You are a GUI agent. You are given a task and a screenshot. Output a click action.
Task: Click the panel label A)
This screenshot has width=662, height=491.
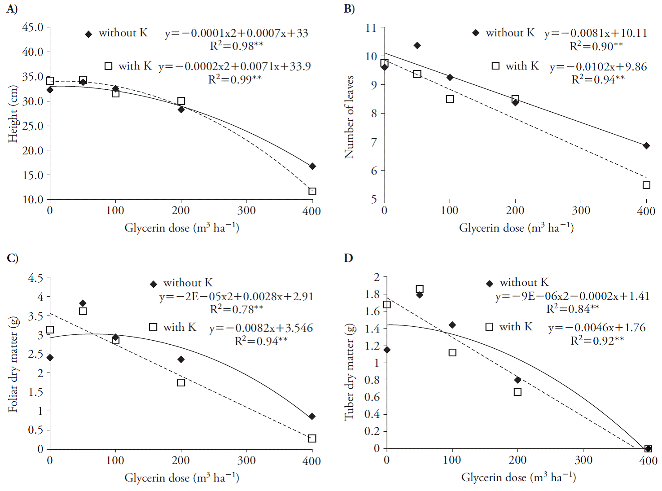pos(12,9)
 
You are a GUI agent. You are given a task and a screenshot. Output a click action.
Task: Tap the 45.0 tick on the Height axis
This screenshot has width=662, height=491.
pos(33,27)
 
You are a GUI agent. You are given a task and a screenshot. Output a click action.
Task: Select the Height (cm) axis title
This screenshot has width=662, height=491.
pos(13,114)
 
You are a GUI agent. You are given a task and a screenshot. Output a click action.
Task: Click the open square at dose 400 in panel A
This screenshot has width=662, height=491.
pos(312,192)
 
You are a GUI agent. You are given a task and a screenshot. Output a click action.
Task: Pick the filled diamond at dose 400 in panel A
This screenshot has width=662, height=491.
pos(312,167)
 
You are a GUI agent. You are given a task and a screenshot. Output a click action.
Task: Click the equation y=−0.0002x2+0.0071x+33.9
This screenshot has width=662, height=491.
pos(234,66)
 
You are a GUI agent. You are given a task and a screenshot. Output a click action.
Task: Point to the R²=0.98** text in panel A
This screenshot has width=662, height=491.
pos(237,46)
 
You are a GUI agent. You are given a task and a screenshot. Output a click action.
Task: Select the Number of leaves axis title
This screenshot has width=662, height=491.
pos(349,117)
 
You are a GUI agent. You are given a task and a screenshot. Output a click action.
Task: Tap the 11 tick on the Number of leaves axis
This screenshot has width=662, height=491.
pos(371,28)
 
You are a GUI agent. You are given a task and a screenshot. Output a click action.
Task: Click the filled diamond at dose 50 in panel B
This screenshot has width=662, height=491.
pos(417,45)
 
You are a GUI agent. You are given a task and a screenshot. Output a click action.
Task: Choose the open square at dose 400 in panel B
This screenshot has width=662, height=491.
pos(646,185)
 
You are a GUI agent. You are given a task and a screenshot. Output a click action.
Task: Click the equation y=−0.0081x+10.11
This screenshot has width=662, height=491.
pos(596,33)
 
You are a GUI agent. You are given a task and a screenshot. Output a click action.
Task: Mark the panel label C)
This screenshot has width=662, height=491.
pos(12,258)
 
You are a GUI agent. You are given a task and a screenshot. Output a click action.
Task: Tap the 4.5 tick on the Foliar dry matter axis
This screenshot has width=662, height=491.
pos(35,278)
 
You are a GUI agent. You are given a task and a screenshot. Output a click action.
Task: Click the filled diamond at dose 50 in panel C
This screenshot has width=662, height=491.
pos(83,303)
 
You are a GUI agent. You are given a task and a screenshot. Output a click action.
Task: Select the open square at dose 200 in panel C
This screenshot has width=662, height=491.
pos(181,382)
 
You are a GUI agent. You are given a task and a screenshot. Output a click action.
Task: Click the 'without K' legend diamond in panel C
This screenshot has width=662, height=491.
pos(153,284)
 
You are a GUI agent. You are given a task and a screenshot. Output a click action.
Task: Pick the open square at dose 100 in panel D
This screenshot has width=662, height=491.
pos(452,353)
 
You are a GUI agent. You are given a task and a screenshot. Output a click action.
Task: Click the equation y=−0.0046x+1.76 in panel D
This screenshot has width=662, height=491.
pos(597,328)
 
